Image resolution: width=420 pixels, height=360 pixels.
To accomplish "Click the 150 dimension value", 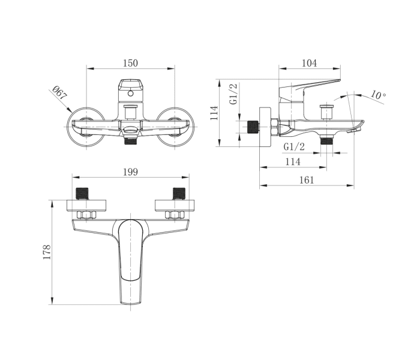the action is [130, 63].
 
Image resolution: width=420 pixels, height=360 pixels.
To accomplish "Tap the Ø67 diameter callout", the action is [59, 92].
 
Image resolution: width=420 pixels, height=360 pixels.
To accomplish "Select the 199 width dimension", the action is [130, 172].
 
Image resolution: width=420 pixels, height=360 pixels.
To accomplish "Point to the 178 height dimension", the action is [47, 252].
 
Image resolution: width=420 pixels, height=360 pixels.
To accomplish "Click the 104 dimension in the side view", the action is [309, 63].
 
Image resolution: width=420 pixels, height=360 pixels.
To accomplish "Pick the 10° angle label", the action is [378, 95].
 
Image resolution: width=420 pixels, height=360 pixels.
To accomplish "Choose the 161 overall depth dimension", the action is [307, 180].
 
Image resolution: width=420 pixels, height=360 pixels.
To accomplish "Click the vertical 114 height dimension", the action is [214, 113].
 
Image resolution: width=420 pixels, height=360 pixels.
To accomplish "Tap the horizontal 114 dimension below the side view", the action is [293, 162].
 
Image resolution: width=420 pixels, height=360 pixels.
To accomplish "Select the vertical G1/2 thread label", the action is [233, 94].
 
